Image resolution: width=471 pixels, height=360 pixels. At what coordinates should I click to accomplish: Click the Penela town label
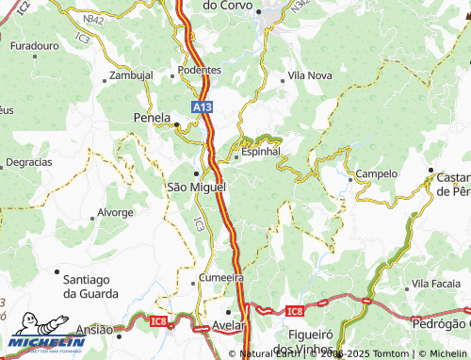tap(153, 122)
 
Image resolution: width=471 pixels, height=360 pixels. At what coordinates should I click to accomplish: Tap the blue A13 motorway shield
tap(202, 108)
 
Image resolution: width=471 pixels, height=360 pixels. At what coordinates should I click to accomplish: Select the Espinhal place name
tap(261, 151)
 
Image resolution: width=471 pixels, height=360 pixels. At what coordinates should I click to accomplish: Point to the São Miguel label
tap(196, 188)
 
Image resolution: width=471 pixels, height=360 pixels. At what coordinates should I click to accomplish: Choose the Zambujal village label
tap(130, 74)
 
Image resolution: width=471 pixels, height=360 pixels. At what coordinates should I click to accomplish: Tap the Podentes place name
tap(200, 70)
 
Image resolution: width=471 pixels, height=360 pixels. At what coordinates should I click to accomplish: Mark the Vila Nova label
tap(310, 74)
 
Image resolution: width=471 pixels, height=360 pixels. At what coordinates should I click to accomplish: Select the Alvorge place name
tap(115, 212)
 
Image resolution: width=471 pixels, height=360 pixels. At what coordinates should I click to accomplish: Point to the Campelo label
tap(377, 174)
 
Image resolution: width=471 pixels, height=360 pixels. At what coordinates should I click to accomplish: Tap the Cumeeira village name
tap(222, 278)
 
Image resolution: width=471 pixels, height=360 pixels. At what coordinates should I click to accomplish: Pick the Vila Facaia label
tap(434, 284)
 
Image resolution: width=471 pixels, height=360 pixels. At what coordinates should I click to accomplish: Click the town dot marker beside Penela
tap(176, 123)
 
